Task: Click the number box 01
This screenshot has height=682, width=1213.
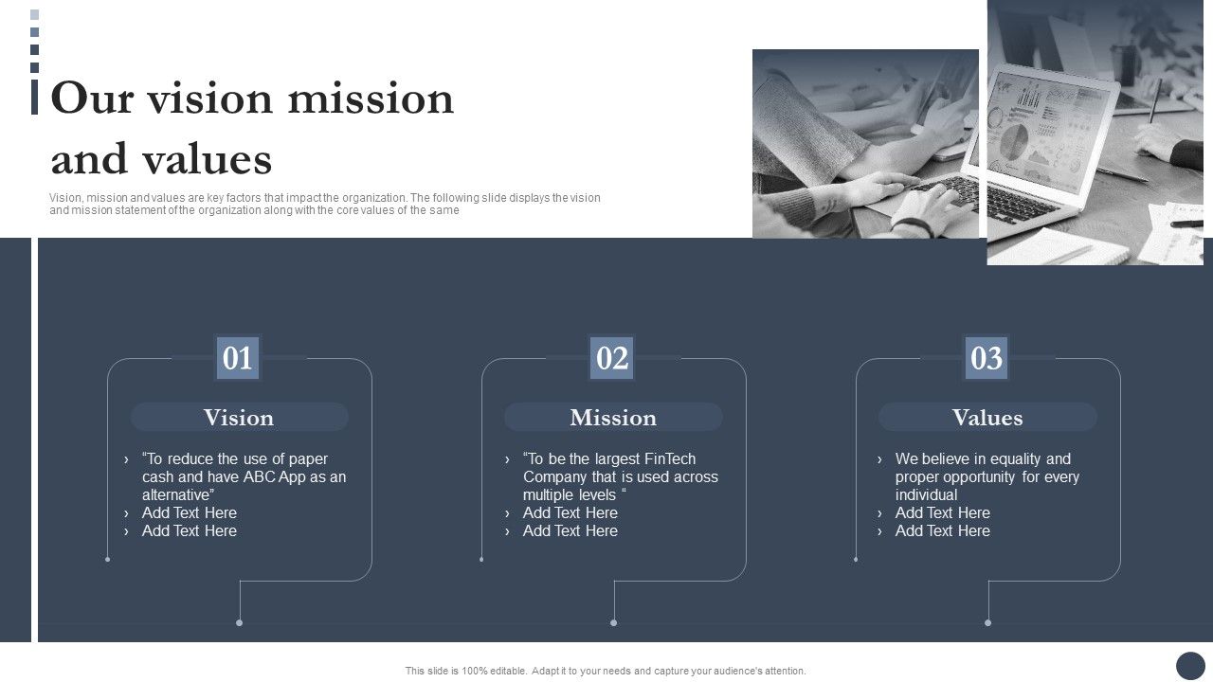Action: point(238,358)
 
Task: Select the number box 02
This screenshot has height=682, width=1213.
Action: point(612,358)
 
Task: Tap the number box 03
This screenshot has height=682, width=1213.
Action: point(987,358)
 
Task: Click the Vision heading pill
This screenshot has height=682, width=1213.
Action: point(239,418)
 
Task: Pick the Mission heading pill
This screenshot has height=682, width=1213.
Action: point(613,418)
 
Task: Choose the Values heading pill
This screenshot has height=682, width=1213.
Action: point(987,418)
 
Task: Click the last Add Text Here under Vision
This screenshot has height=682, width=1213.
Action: point(190,530)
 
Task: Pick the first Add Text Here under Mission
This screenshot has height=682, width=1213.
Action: point(570,512)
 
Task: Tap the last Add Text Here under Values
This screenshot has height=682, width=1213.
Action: point(943,530)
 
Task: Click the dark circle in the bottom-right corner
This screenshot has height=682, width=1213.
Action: point(1190,666)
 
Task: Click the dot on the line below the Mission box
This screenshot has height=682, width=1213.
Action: point(614,622)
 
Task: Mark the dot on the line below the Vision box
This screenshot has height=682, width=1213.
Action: point(240,622)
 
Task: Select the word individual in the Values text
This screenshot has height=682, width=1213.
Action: point(927,494)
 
